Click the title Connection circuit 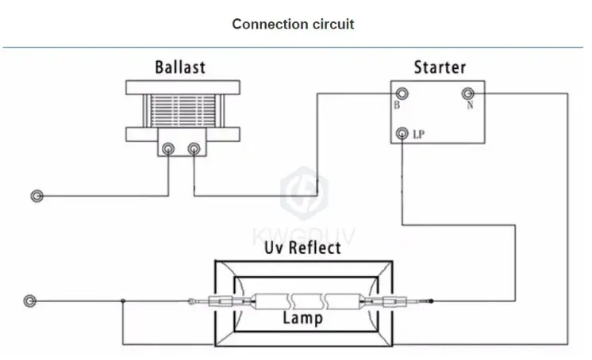(293, 24)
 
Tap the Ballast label (179, 67)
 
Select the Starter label (440, 67)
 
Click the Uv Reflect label (302, 248)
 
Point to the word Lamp (302, 318)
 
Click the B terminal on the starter (401, 93)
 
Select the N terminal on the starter (469, 92)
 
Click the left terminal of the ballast (168, 147)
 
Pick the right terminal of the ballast (194, 147)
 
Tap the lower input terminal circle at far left (31, 301)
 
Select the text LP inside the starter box (418, 135)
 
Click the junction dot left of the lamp (123, 301)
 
